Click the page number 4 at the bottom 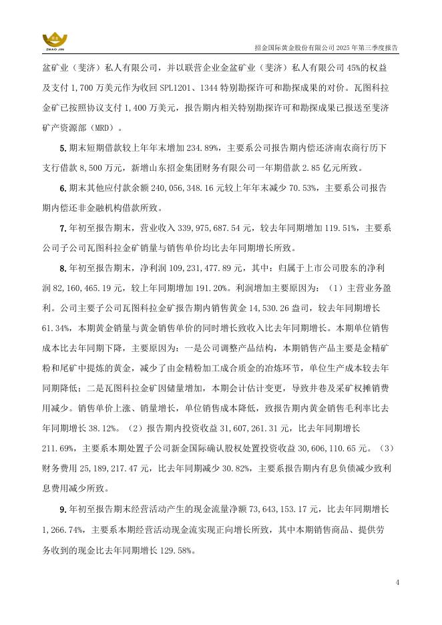coord(397,582)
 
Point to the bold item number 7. coord(62,230)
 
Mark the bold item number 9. coord(62,509)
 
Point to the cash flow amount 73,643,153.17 coord(278,509)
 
